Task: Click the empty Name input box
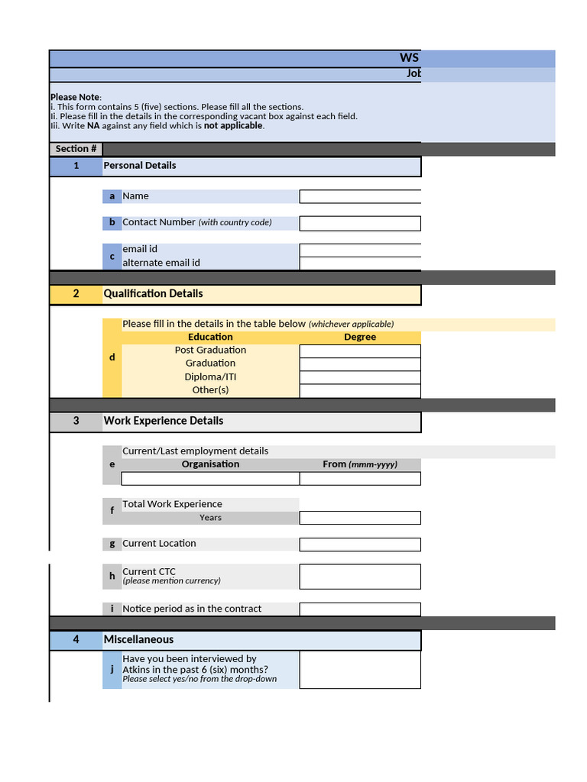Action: (360, 196)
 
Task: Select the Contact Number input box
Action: (360, 223)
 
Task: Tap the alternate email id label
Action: (161, 263)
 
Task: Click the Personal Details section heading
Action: (140, 166)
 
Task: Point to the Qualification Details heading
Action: (153, 294)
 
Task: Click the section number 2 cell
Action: (76, 294)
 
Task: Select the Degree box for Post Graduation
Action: (360, 351)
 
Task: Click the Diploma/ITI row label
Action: (210, 377)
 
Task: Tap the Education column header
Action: (210, 337)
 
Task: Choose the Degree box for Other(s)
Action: (360, 391)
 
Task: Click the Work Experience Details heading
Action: (164, 421)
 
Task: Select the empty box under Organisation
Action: (210, 479)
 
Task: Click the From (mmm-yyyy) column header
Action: (360, 464)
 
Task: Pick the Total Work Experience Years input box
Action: (360, 518)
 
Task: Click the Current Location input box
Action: (360, 544)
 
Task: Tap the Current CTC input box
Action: (360, 577)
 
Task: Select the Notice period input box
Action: (360, 609)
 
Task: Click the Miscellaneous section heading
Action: (138, 640)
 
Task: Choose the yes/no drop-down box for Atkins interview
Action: (360, 670)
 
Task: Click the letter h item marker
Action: (112, 577)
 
